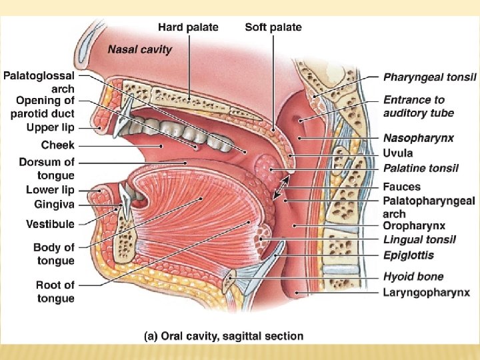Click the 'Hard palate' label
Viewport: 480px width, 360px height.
pyautogui.click(x=188, y=27)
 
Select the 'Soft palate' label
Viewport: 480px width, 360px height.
pyautogui.click(x=273, y=27)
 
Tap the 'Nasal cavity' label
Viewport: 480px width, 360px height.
pyautogui.click(x=140, y=49)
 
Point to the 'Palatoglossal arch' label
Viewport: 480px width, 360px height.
pyautogui.click(x=39, y=81)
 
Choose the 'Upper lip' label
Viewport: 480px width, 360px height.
pyautogui.click(x=50, y=127)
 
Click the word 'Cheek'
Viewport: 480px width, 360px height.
pyautogui.click(x=58, y=145)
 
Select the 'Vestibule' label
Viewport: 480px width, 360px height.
pyautogui.click(x=50, y=224)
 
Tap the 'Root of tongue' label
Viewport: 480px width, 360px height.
pyautogui.click(x=55, y=292)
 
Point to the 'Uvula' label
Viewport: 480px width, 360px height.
pyautogui.click(x=398, y=153)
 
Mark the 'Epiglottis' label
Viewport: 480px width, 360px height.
pyautogui.click(x=409, y=255)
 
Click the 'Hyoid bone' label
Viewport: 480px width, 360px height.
pyautogui.click(x=413, y=277)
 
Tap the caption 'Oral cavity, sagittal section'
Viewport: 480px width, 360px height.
pyautogui.click(x=224, y=337)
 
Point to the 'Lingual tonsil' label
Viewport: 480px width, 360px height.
pyautogui.click(x=419, y=240)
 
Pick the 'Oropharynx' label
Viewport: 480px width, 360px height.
pyautogui.click(x=415, y=226)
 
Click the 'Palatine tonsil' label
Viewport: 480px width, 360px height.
pyautogui.click(x=421, y=167)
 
